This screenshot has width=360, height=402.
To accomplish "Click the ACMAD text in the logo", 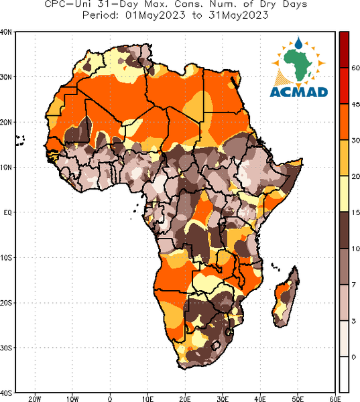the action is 299,92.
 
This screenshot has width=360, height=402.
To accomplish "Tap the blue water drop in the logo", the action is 298,43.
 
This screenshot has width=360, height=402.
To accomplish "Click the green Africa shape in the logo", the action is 298,64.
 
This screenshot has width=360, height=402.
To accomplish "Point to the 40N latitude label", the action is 5,32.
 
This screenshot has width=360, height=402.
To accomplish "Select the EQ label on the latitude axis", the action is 7,212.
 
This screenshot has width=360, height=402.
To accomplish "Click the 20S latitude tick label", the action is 5,303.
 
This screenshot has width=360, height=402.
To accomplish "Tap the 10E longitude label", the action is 147,399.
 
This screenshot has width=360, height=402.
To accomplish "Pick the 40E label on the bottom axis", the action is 260,399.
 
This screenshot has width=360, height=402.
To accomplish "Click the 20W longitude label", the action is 35,399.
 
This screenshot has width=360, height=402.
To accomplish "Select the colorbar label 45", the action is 355,105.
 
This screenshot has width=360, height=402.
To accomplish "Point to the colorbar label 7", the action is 353,285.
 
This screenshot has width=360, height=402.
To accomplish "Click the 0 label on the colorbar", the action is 354,357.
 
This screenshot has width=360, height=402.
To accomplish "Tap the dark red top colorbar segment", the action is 344,50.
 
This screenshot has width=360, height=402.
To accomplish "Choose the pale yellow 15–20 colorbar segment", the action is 344,194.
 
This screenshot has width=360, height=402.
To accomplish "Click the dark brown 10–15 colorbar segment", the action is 344,230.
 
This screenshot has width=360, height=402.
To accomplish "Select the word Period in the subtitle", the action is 101,15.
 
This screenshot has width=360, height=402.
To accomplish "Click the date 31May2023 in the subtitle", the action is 239,15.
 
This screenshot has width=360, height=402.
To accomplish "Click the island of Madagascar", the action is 286,297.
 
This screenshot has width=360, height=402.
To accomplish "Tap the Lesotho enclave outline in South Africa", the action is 216,346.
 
